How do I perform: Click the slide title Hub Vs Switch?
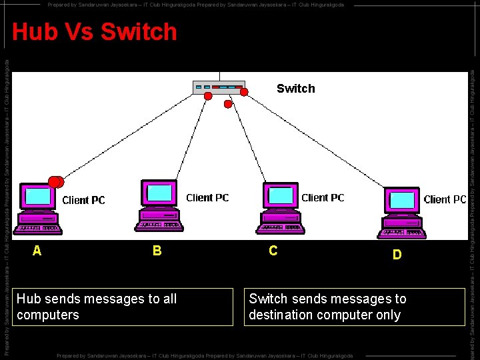[95, 32]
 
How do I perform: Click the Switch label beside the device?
[295, 89]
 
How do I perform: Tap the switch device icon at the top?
[218, 87]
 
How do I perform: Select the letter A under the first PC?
[37, 251]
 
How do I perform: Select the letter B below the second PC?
[157, 251]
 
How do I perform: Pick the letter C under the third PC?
[273, 251]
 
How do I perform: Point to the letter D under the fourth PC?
[397, 255]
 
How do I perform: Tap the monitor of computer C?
[281, 194]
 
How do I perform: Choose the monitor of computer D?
[403, 199]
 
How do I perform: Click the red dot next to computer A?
[56, 181]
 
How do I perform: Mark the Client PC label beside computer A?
[83, 200]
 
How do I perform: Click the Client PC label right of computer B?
[207, 197]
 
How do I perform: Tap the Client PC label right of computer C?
[323, 197]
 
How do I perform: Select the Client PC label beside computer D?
[445, 199]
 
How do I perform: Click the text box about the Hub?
[125, 307]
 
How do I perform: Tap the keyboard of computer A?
[39, 229]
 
